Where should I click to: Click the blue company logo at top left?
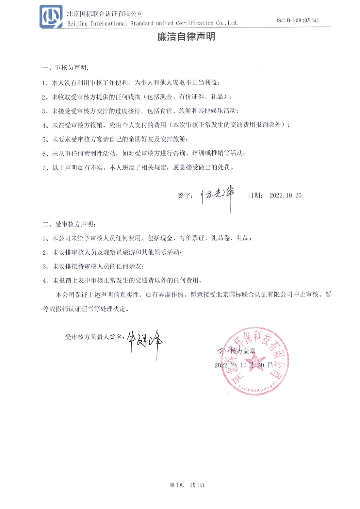[x=51, y=16]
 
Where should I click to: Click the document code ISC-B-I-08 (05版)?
[x=297, y=20]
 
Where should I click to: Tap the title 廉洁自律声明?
[x=186, y=37]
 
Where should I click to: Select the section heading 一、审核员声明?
[x=65, y=68]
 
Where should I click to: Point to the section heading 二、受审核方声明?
[x=69, y=224]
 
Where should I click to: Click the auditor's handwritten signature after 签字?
[x=218, y=195]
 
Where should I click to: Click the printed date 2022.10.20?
[x=286, y=195]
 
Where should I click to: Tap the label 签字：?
[x=185, y=195]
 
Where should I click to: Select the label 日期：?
[x=255, y=195]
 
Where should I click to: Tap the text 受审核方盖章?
[x=237, y=351]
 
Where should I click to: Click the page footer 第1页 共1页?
[x=187, y=485]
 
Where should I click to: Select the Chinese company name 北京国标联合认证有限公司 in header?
[x=105, y=14]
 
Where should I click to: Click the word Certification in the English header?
[x=194, y=23]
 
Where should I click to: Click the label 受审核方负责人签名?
[x=95, y=337]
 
